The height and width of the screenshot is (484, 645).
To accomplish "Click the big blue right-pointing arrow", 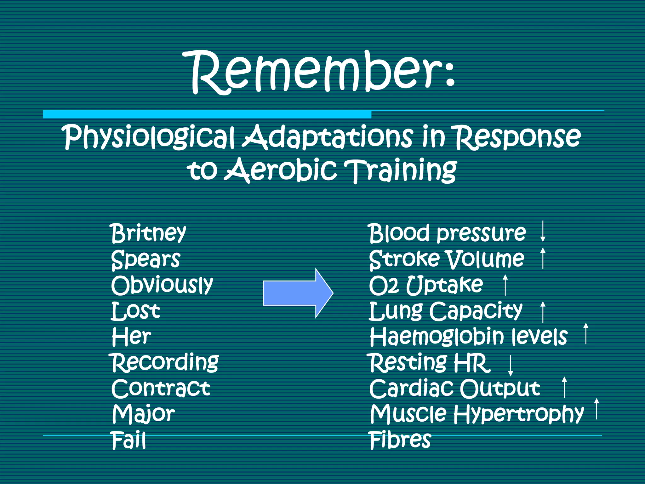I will [298, 293].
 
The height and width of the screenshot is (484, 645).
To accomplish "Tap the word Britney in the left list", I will [149, 233].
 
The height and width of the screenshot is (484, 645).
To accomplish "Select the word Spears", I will [146, 259].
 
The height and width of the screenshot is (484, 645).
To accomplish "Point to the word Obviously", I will [162, 285].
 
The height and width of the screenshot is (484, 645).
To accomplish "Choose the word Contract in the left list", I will [161, 388].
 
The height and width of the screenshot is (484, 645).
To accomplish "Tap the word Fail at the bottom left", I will [128, 440].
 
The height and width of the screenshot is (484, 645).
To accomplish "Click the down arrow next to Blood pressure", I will [543, 232].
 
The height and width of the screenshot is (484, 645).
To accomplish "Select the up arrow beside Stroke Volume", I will [543, 258].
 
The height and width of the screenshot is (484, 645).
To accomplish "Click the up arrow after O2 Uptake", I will [505, 285].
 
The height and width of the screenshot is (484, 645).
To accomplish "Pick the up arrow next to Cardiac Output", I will [564, 387].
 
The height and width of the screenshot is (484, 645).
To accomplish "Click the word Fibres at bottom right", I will [400, 440].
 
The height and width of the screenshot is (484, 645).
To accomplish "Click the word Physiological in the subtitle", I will [150, 137].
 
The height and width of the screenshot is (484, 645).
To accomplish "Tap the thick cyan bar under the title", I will [207, 114].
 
